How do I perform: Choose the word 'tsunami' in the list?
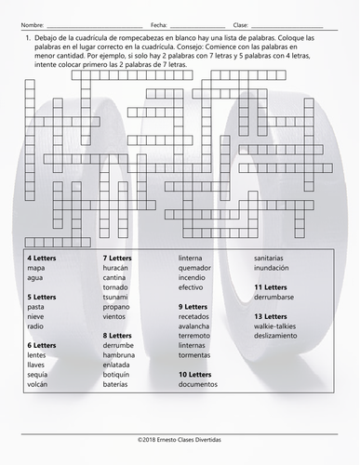tap(116, 298)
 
